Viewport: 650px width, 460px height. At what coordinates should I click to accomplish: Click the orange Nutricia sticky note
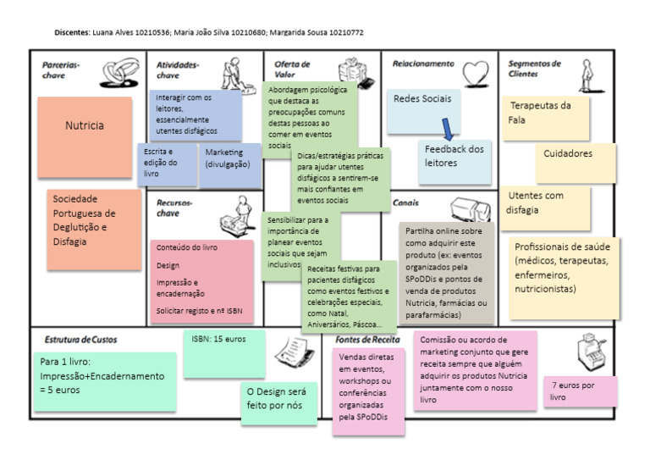click(x=85, y=136)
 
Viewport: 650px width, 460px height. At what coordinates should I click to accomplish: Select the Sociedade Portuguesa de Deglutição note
click(x=93, y=230)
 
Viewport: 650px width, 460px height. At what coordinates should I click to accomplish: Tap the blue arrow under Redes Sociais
click(x=448, y=128)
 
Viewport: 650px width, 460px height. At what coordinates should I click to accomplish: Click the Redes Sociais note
click(x=423, y=106)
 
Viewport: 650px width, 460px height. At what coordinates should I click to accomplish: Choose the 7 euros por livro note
click(x=580, y=391)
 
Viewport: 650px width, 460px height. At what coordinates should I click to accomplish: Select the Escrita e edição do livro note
click(x=167, y=164)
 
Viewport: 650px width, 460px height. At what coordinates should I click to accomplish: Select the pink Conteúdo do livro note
click(x=202, y=280)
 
